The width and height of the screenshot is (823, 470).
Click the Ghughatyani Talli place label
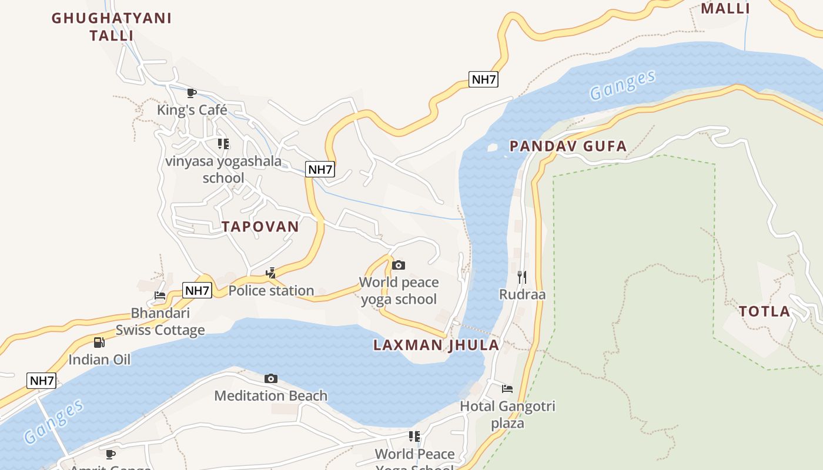[112, 26]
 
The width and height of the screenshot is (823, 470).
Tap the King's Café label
[192, 110]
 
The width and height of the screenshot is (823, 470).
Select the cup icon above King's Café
[192, 93]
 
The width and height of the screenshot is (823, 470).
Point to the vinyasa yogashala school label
[223, 169]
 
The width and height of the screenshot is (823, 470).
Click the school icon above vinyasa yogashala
[223, 143]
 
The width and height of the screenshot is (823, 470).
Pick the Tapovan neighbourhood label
[260, 226]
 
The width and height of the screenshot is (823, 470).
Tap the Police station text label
[271, 290]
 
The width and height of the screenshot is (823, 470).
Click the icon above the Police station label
[271, 273]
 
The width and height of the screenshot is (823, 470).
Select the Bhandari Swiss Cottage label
[160, 321]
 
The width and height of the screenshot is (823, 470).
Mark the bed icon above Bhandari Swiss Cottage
[160, 295]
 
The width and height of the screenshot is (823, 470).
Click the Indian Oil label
[99, 359]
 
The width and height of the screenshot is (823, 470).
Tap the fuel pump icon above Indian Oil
[99, 342]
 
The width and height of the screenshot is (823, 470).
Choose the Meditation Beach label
[270, 395]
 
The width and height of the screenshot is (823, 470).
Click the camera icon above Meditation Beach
[270, 378]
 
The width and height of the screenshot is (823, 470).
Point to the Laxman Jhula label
[436, 345]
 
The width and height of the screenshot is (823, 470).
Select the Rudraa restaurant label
[522, 294]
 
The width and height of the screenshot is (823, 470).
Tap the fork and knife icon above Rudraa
[522, 277]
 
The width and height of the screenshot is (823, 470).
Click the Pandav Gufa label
[568, 146]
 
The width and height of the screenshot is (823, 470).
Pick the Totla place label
[764, 311]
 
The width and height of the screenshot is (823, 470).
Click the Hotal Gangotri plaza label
[507, 414]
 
